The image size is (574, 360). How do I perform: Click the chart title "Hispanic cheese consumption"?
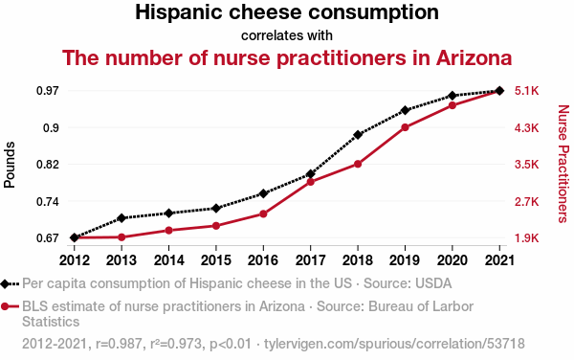tap(287, 12)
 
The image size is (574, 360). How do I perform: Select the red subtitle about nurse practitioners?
tap(287, 57)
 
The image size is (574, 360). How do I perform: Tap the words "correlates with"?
tap(287, 35)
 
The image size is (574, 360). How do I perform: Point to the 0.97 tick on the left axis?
tap(48, 90)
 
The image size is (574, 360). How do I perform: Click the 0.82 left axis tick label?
tap(48, 165)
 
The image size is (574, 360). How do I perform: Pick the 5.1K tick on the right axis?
tap(527, 90)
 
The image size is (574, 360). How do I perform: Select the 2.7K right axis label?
tap(527, 201)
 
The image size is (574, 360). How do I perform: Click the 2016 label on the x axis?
tap(263, 260)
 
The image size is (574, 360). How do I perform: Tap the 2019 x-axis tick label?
tap(405, 260)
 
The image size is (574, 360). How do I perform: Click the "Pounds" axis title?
tap(10, 165)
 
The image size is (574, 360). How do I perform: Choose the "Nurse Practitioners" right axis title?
tap(563, 164)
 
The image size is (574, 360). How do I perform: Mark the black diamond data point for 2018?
tap(358, 135)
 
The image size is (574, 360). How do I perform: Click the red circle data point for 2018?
tap(358, 164)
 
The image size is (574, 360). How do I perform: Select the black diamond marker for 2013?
tap(121, 218)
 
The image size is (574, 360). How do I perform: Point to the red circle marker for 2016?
tap(263, 214)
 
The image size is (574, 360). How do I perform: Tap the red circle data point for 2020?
tap(453, 105)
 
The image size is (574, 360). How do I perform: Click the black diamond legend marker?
tap(5, 283)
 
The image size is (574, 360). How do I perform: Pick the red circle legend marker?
tap(5, 306)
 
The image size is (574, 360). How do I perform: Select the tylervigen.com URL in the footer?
tap(394, 344)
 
